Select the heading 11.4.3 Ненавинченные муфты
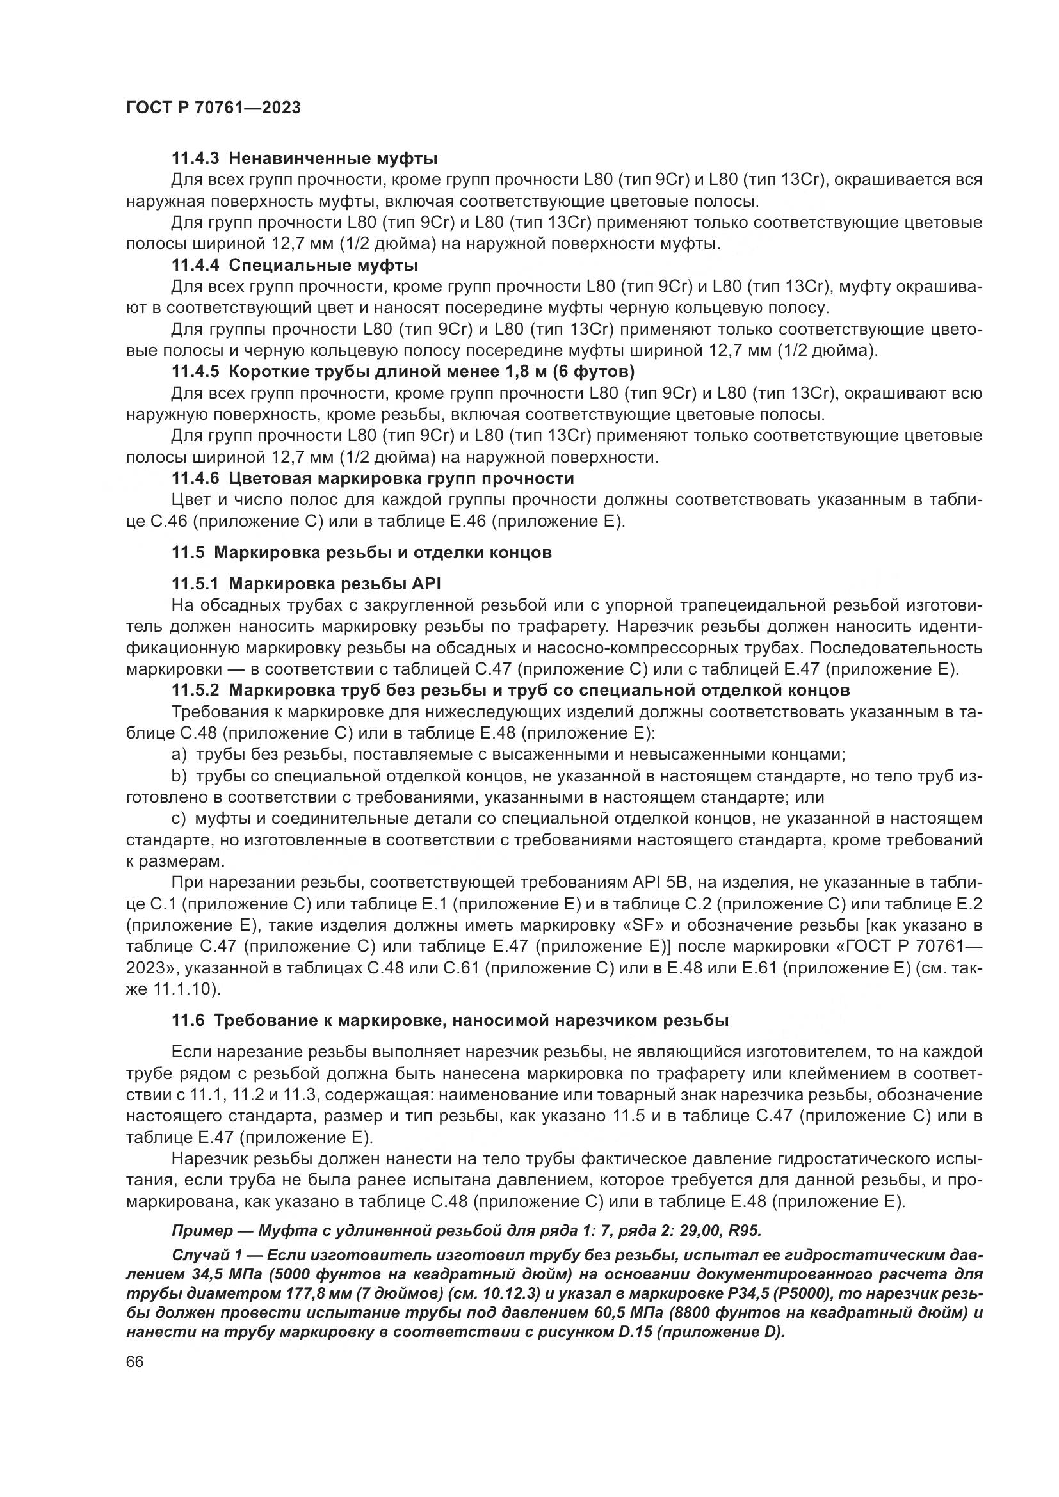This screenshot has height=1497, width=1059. (x=304, y=159)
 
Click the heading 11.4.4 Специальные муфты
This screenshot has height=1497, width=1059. (x=295, y=266)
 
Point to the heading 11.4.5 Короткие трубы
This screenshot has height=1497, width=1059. (x=402, y=372)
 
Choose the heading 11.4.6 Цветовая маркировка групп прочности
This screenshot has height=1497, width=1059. (x=373, y=479)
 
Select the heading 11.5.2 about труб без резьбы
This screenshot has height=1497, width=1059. (x=510, y=690)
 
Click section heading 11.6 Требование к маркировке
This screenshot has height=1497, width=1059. (x=450, y=1021)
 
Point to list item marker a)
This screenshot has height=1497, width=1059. (x=179, y=755)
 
